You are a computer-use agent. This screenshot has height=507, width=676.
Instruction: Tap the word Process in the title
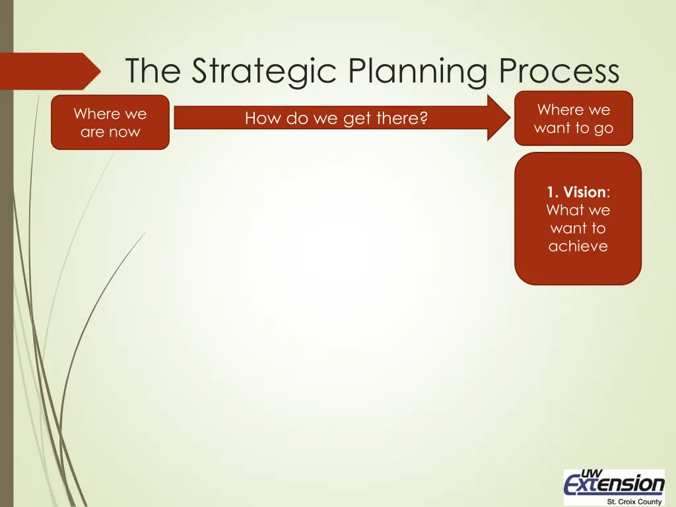click(x=559, y=71)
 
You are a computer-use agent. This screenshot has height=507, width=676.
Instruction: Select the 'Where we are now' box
click(x=110, y=122)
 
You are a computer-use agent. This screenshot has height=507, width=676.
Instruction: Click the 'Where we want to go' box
click(x=573, y=118)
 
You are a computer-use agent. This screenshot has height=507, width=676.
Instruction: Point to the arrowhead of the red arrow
click(x=498, y=118)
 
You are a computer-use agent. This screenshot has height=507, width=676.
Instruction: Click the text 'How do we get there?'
click(x=336, y=118)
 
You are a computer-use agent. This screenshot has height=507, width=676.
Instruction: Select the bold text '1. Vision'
click(x=576, y=192)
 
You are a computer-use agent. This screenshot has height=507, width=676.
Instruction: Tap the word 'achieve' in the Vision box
click(x=578, y=246)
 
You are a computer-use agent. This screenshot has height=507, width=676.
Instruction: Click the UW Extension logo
click(x=614, y=486)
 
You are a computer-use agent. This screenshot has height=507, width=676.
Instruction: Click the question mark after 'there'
click(x=423, y=118)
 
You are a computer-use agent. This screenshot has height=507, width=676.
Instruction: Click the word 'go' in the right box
click(x=603, y=128)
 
